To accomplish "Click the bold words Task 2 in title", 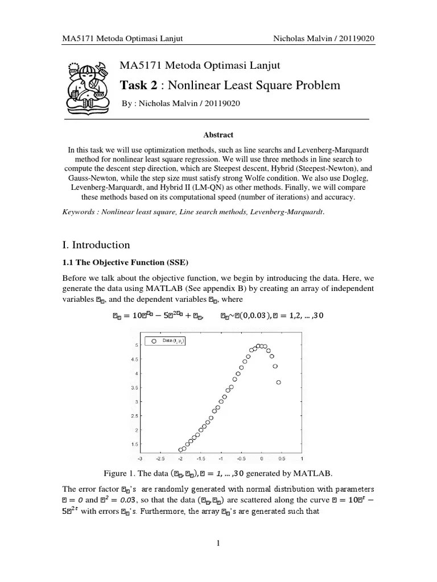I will tap(138, 86).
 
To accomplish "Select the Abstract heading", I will tap(218, 135).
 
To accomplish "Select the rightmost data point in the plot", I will tap(279, 383).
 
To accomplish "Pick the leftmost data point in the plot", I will tap(181, 450).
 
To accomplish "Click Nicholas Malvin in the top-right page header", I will tap(304, 38).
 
